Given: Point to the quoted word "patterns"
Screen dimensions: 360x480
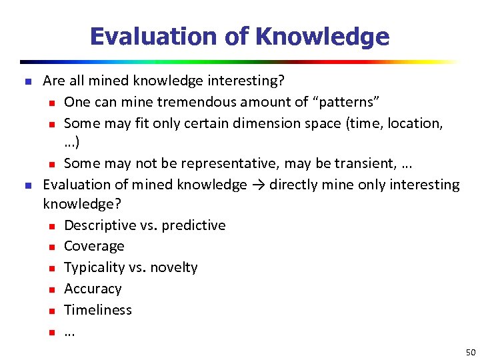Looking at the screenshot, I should pyautogui.click(x=348, y=102).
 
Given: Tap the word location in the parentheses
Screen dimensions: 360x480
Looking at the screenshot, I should pyautogui.click(x=417, y=123).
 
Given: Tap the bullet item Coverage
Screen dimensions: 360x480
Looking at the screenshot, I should pyautogui.click(x=94, y=247).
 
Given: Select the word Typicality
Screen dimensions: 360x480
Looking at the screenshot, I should pyautogui.click(x=93, y=267).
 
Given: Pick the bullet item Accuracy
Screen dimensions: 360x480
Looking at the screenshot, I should pyautogui.click(x=93, y=289).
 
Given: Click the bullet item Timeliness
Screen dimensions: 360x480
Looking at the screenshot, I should pyautogui.click(x=97, y=310).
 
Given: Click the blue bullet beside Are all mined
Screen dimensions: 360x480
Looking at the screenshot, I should pyautogui.click(x=28, y=81).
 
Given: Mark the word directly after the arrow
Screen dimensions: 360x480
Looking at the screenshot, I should pyautogui.click(x=289, y=185).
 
